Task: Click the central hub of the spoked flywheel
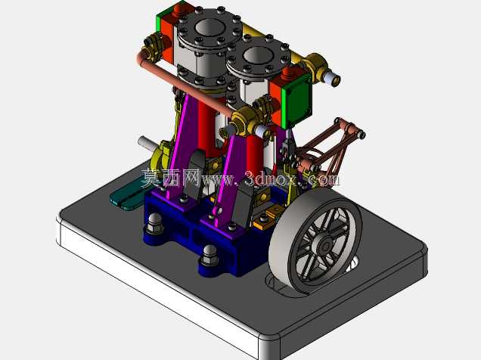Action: (325, 246)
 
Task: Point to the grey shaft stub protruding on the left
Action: (147, 143)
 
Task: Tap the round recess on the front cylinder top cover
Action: (258, 57)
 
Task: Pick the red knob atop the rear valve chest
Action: (178, 10)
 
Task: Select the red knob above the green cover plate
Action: (288, 73)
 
